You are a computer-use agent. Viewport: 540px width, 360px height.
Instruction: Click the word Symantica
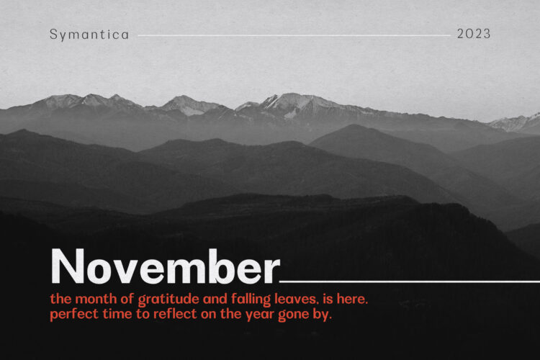point(89,35)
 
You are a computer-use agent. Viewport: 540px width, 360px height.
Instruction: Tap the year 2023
point(474,34)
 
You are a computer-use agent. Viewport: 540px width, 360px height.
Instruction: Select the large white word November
point(166,266)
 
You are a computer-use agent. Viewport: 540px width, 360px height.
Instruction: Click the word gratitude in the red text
point(168,300)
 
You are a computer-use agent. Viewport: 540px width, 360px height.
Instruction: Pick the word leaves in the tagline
point(295,299)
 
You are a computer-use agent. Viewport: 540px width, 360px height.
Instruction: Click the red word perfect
point(74,315)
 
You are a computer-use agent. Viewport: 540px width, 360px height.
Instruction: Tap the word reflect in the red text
point(175,314)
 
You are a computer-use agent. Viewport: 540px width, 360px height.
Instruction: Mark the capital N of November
point(68,266)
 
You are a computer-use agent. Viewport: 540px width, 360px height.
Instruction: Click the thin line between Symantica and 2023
point(294,35)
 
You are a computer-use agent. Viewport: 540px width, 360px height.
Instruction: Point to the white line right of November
point(410,282)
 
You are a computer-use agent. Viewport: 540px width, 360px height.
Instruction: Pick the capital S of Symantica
point(53,34)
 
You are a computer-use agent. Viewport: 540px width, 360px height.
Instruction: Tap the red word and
point(215,299)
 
